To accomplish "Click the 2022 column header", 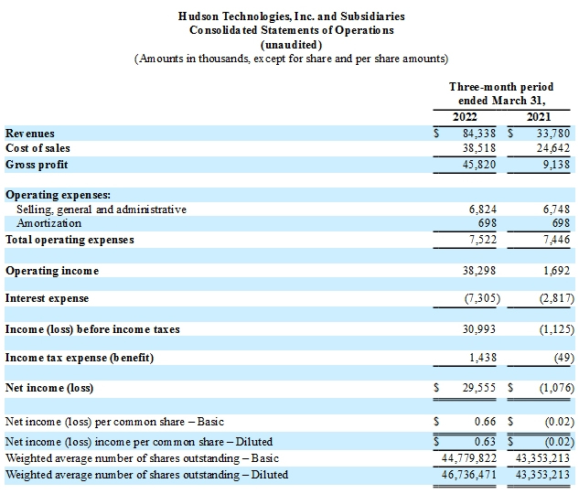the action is coord(465,117).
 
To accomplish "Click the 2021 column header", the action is coord(539,117).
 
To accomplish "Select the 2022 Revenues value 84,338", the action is coord(479,134).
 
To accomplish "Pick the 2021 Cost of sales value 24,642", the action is coord(553,148).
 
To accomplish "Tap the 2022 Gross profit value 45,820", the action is coord(479,165).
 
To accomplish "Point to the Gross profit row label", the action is coord(37,165).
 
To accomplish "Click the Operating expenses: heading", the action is coord(58,195).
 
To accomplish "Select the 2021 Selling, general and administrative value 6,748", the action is coord(556,209).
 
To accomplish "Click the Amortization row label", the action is coord(48,223).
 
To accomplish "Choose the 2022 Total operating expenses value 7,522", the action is coord(483,240).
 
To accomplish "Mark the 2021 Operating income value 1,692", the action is coord(556,271).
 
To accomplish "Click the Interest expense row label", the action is coord(47,298).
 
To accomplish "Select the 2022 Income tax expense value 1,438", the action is coord(483,358).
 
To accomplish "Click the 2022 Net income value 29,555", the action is coord(479,388).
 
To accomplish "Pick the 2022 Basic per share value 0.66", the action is coord(485,422).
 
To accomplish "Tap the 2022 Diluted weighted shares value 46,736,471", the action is coord(469,475).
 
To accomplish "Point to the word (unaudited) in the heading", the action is coord(292,45).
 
